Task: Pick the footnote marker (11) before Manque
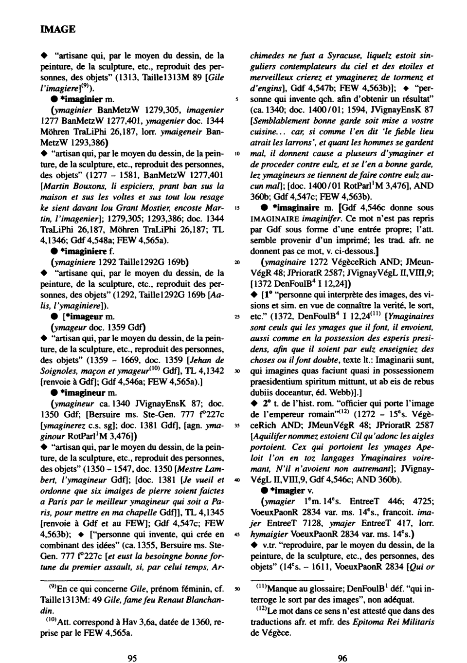(259, 588)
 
